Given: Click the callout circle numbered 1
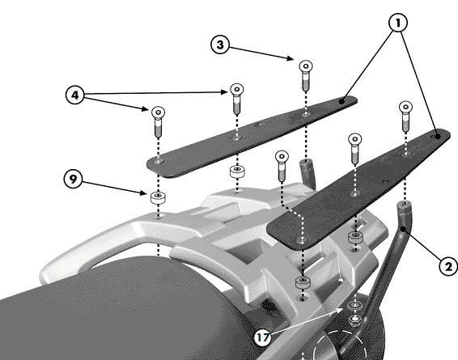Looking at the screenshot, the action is click(398, 23).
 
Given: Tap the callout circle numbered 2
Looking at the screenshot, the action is click(448, 266).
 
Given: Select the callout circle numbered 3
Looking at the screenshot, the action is click(220, 44).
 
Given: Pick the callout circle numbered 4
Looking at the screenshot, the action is click(75, 95).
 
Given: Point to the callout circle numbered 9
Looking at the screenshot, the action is click(73, 179).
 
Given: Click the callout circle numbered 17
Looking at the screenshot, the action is click(262, 337).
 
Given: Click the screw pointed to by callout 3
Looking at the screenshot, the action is click(306, 75).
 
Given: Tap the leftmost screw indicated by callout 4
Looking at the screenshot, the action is click(158, 121).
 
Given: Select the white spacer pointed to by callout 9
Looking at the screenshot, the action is click(158, 197).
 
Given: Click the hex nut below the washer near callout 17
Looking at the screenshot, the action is click(354, 320).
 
